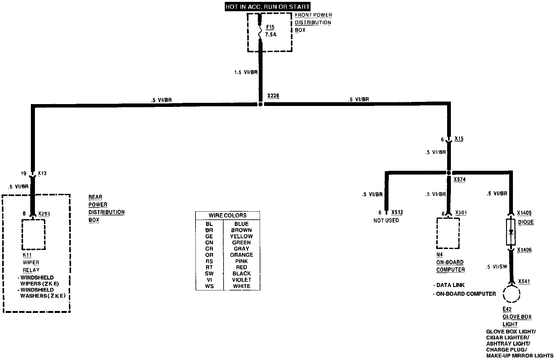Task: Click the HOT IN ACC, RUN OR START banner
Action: (x=268, y=7)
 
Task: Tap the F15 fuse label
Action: (x=270, y=27)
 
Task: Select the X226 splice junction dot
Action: (x=261, y=104)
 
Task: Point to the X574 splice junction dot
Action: (x=449, y=173)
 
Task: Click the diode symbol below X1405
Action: (x=511, y=232)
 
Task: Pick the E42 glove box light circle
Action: (x=512, y=293)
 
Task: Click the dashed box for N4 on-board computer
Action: (x=448, y=233)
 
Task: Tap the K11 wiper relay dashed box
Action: (x=33, y=234)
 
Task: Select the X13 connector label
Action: (x=42, y=173)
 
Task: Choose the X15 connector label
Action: (x=459, y=138)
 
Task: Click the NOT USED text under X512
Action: (x=386, y=220)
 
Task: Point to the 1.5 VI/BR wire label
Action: (x=246, y=72)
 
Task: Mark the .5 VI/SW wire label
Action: (x=497, y=267)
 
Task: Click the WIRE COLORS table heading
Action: (x=228, y=215)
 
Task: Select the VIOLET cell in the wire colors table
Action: (x=241, y=280)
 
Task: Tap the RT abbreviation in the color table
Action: (x=209, y=267)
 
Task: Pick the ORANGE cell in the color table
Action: (x=241, y=255)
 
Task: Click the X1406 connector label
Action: (x=524, y=250)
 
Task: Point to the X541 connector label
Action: (x=524, y=282)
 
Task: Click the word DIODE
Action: (x=526, y=222)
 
